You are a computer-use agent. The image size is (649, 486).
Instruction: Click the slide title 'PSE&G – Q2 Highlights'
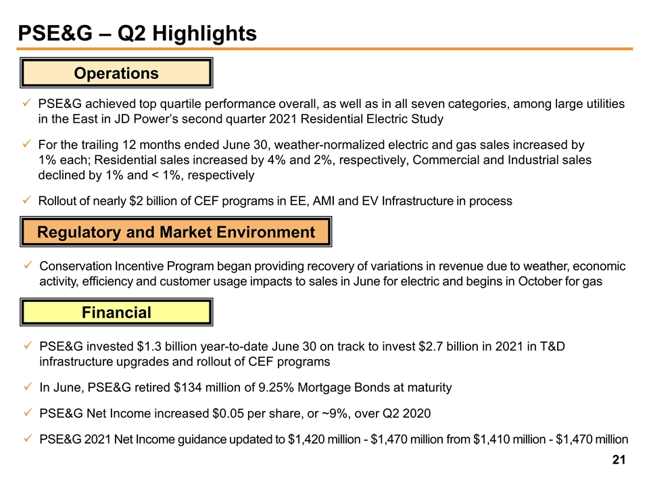[137, 33]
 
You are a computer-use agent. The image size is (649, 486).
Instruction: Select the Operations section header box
[117, 73]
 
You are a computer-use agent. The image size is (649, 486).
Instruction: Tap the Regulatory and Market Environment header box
[176, 233]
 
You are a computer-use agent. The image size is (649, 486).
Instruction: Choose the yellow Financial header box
[117, 313]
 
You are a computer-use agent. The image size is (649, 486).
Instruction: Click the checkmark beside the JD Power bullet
[25, 104]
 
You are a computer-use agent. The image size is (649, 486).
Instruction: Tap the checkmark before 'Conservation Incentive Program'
[25, 266]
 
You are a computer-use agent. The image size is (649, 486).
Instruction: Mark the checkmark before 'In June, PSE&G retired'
[25, 387]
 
